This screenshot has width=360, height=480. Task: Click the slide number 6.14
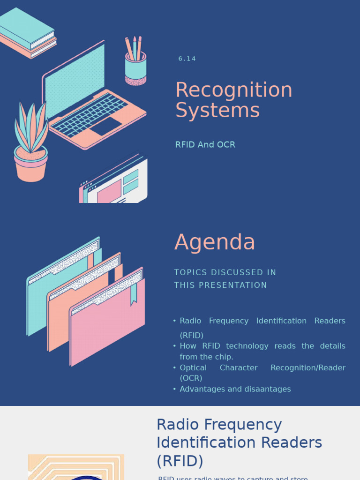[x=187, y=59]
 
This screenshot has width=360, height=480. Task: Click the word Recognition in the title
[x=233, y=90]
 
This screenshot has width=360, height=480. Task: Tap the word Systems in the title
[x=217, y=111]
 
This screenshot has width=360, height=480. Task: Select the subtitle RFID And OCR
[x=205, y=144]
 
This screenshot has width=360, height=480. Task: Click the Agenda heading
[x=215, y=242]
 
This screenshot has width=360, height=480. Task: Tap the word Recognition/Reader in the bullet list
[x=307, y=367]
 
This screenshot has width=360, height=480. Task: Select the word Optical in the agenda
[x=193, y=367]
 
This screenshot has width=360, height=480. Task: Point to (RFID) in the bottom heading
[x=180, y=461]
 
